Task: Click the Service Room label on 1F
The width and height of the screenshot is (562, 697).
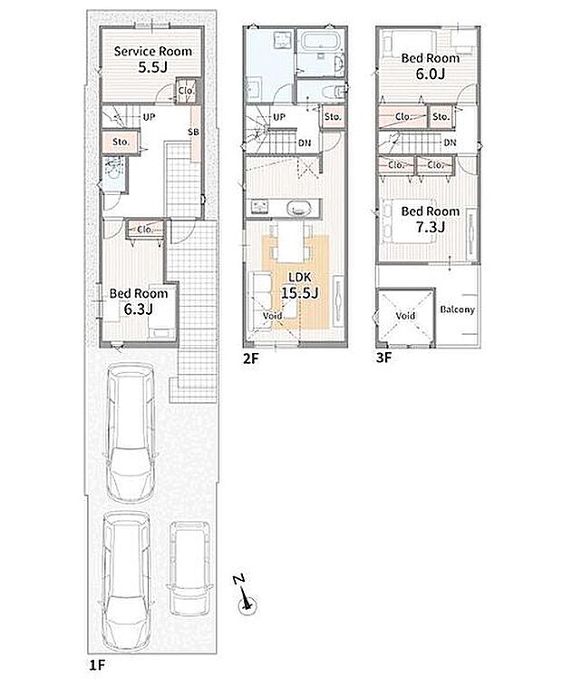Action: (x=152, y=51)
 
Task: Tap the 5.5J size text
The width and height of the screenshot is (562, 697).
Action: (x=152, y=67)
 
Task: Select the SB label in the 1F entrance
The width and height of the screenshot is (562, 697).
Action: (x=194, y=132)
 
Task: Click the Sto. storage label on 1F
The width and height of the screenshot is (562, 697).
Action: (x=121, y=142)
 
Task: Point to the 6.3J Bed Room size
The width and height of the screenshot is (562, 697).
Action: (x=139, y=309)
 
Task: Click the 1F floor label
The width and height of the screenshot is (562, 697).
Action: (x=97, y=665)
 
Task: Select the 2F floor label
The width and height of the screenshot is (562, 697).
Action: (x=251, y=358)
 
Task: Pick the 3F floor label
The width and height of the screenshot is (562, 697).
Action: (x=384, y=358)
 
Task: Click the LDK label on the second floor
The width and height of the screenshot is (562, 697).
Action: (x=300, y=278)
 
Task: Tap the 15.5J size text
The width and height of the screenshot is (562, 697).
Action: (x=300, y=292)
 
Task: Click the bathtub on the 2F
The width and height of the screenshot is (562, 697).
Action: (x=322, y=42)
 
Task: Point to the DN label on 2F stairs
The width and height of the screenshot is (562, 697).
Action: (x=305, y=143)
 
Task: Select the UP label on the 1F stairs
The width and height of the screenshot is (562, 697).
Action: (x=149, y=117)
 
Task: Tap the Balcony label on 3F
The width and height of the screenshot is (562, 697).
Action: (x=457, y=309)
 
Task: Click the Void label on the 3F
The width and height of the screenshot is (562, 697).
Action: (x=405, y=316)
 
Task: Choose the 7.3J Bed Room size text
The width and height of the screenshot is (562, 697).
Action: (x=431, y=227)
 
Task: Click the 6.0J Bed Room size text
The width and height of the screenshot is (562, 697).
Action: (x=431, y=74)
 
